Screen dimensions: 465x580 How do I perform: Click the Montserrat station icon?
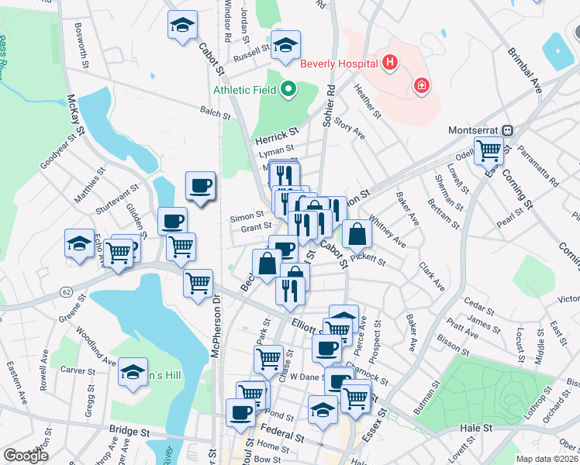[509, 131]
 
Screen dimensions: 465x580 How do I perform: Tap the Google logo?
[26, 456]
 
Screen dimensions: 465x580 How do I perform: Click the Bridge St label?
[129, 430]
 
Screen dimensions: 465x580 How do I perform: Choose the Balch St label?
[216, 112]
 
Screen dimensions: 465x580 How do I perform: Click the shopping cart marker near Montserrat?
[489, 149]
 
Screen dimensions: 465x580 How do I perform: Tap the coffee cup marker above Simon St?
[201, 186]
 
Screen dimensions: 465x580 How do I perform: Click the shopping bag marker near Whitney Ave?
[356, 233]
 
